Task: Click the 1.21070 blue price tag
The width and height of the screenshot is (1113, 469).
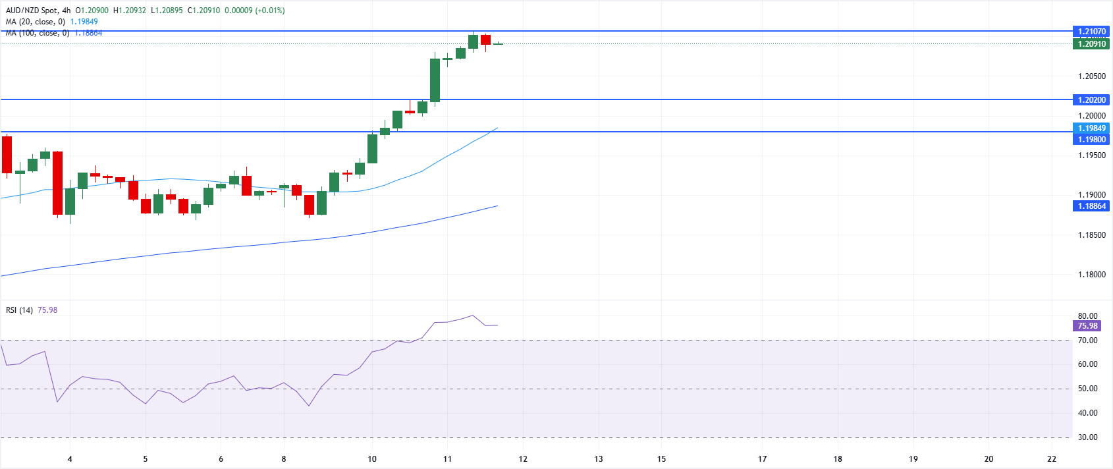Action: click(1091, 31)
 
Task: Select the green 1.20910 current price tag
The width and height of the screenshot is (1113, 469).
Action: click(1091, 44)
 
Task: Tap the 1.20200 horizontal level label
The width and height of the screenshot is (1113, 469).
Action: click(1091, 100)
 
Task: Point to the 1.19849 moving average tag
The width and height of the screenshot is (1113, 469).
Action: click(1091, 128)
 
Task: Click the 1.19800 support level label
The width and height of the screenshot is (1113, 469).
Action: click(1091, 140)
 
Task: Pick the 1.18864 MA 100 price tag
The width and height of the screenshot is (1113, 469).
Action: click(1091, 206)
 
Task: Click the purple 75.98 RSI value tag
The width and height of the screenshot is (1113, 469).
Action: click(1087, 326)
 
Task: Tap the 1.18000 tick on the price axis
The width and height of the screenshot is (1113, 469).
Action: click(1091, 275)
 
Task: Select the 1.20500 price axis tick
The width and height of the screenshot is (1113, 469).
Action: click(1091, 76)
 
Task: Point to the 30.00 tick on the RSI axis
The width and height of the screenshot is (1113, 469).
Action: click(1087, 437)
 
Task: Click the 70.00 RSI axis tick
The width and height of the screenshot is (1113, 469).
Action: click(1087, 341)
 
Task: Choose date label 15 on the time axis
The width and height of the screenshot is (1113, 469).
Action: click(661, 459)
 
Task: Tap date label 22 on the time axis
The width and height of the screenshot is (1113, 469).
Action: click(1052, 459)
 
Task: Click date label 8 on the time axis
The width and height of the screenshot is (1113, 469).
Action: click(284, 459)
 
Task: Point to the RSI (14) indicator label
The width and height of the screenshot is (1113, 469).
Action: click(19, 310)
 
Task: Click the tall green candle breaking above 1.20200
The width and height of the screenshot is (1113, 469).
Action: click(435, 80)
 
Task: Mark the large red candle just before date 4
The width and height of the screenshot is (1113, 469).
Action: click(58, 182)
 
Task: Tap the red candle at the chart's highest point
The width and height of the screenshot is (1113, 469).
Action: click(485, 40)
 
